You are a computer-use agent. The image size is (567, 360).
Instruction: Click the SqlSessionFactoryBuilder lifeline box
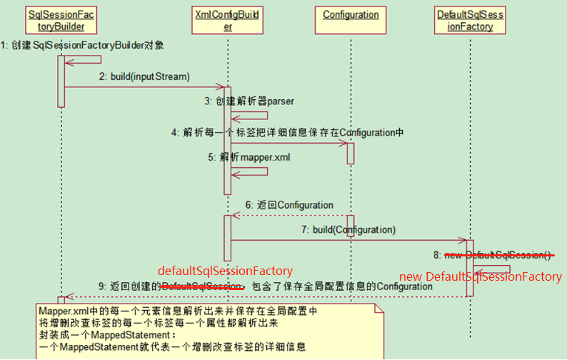(61, 21)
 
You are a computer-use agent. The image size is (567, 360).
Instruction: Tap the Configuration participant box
(351, 15)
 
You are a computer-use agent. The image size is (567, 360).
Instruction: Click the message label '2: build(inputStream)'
(145, 75)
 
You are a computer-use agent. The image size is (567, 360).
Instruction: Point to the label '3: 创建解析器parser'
(250, 102)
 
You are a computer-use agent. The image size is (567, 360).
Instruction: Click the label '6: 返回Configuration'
(289, 206)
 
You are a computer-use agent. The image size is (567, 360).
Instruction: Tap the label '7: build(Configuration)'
(348, 230)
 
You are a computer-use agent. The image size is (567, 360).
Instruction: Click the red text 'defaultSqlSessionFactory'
(225, 271)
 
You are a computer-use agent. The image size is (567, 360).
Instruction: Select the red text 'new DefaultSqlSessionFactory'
(480, 277)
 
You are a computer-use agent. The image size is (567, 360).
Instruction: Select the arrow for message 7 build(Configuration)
(348, 241)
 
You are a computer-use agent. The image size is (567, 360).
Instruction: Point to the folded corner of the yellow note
(379, 307)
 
